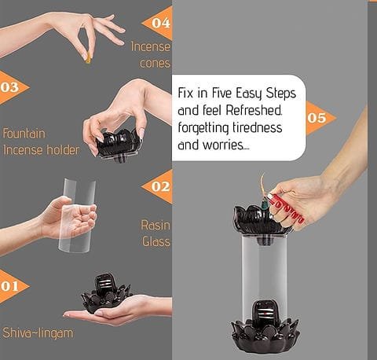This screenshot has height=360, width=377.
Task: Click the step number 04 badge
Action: (159, 23)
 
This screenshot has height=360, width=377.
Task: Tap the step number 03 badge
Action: (12, 87)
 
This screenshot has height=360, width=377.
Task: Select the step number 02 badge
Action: (159, 186)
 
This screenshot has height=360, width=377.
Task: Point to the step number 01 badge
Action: (12, 286)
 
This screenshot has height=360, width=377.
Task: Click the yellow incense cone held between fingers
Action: (88, 59)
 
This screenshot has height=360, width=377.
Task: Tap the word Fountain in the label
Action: (24, 134)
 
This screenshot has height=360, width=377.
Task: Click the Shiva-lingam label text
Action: (38, 333)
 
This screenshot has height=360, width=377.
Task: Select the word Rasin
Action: (156, 225)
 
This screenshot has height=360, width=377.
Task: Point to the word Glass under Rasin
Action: (156, 241)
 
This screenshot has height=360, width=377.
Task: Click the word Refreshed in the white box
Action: (254, 110)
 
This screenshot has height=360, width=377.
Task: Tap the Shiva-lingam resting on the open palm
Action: (106, 293)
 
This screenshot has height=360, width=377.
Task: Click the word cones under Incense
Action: (155, 64)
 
